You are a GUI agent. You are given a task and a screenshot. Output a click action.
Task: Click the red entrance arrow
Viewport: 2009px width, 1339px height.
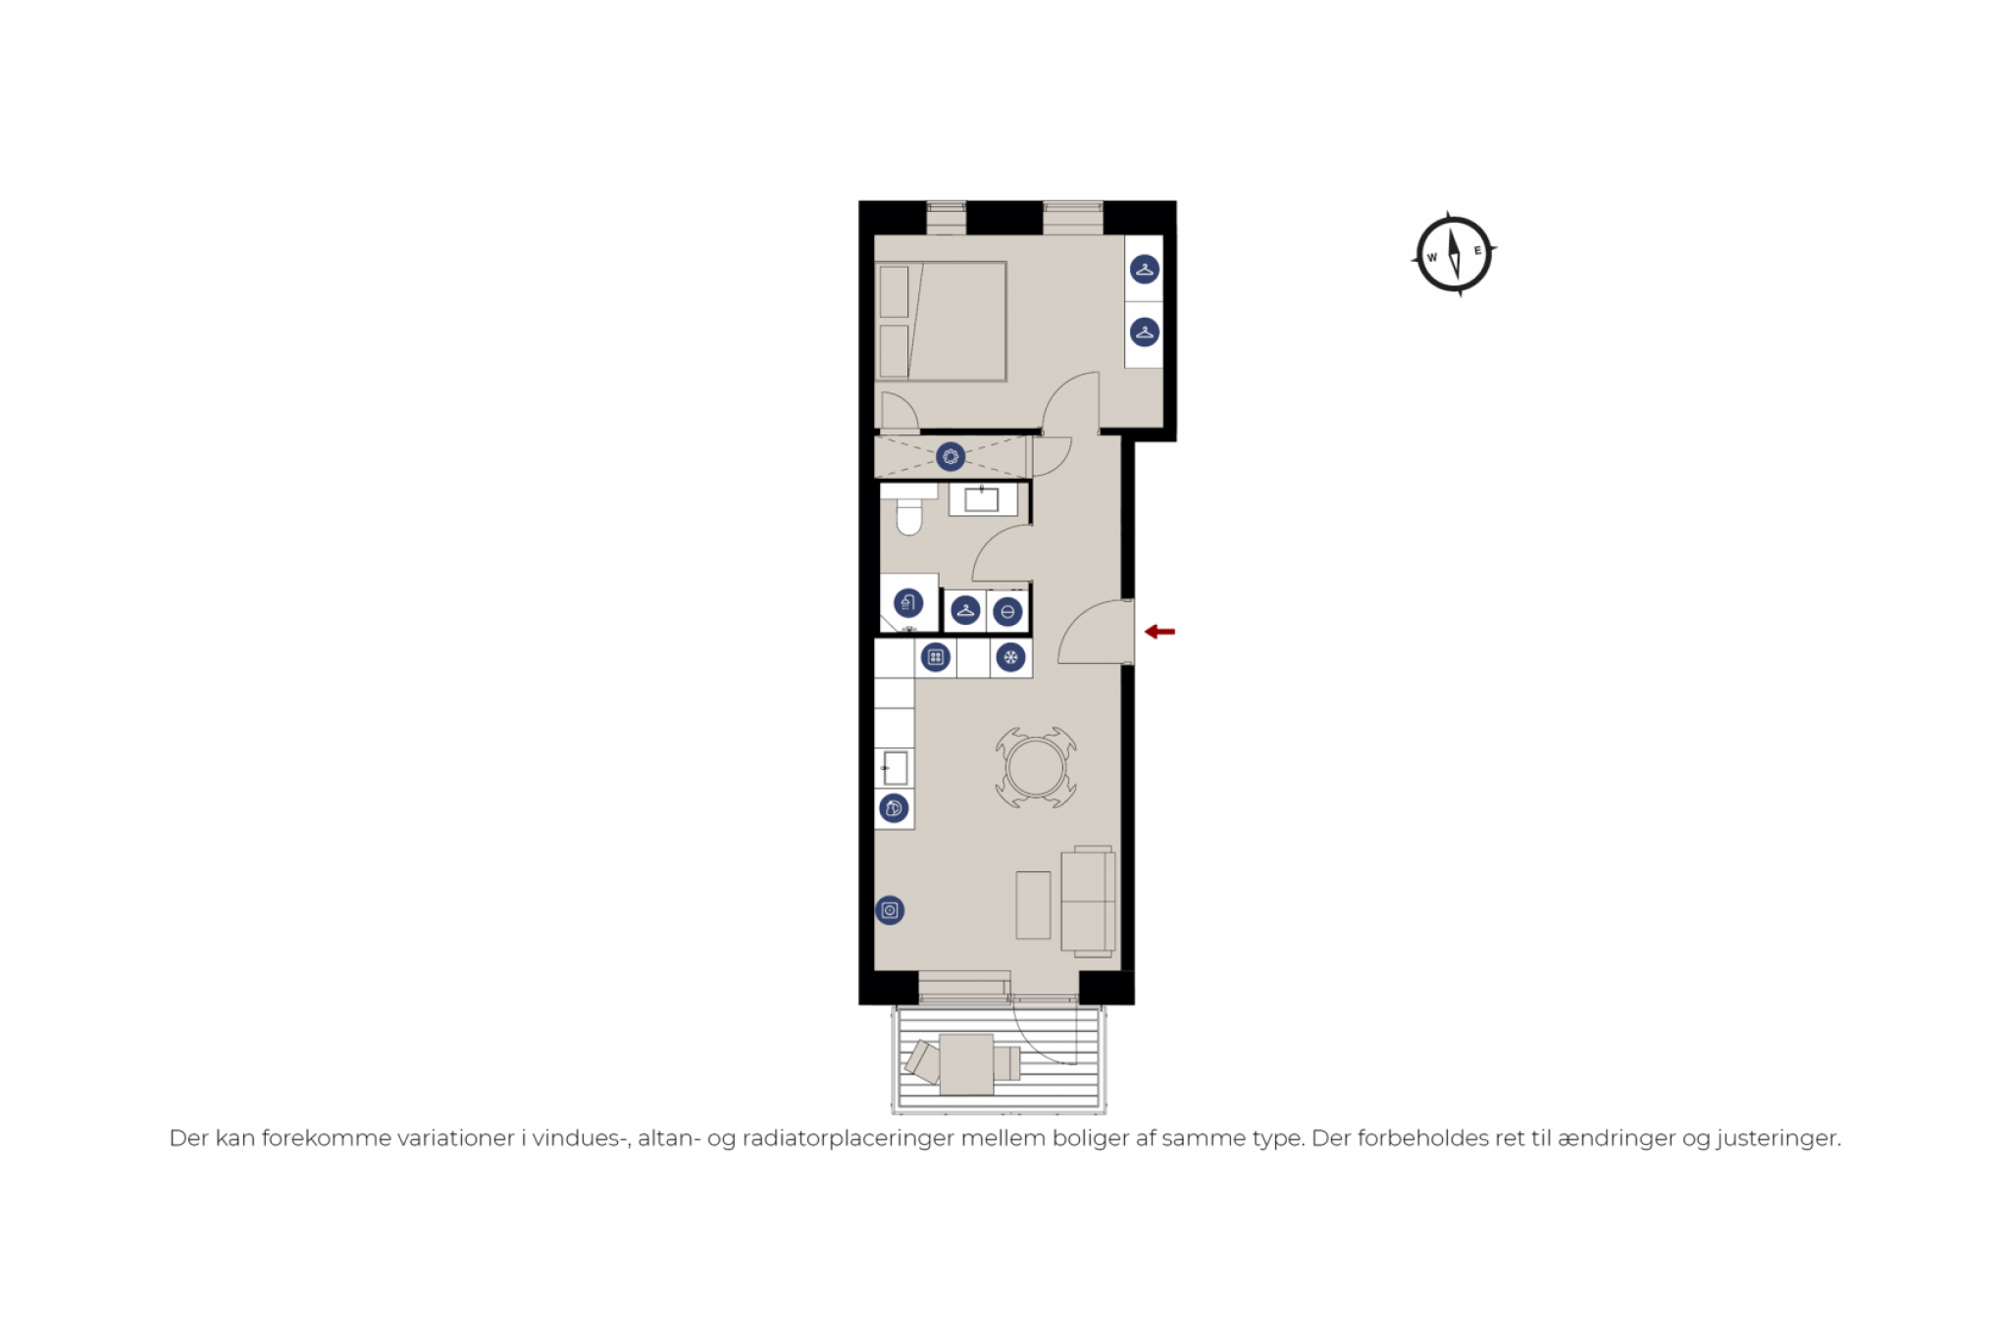(1159, 632)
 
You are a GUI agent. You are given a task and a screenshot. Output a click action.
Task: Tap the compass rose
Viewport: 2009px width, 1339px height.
(1454, 254)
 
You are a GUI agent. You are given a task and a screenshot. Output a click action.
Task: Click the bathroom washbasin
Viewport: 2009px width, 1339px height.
(982, 500)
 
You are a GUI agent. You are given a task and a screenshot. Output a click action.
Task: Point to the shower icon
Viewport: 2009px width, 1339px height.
(908, 602)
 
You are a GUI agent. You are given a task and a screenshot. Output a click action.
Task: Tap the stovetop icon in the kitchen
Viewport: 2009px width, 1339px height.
(936, 657)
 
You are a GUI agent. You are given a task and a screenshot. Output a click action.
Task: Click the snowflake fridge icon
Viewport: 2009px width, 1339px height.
(1010, 657)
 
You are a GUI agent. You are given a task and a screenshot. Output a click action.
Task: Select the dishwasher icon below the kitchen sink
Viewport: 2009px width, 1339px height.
(894, 808)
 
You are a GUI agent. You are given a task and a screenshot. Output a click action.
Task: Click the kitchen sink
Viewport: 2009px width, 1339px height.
(895, 768)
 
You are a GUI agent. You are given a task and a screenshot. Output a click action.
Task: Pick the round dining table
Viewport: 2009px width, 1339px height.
(1036, 768)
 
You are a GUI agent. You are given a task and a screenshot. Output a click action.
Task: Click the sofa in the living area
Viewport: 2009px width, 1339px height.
(1088, 901)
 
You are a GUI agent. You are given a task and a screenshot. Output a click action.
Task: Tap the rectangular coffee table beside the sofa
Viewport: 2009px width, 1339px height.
(1033, 904)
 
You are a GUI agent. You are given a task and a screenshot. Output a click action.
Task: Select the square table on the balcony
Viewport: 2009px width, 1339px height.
(966, 1064)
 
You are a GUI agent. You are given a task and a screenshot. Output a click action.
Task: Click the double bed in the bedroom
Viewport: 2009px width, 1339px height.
(941, 321)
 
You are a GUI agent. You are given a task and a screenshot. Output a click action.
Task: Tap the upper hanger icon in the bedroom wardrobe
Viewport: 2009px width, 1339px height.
(1145, 269)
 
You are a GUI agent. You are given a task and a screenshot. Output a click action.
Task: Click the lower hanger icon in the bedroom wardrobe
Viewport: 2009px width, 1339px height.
(1145, 332)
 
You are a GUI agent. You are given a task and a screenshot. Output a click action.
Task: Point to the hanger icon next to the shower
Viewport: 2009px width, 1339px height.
(966, 611)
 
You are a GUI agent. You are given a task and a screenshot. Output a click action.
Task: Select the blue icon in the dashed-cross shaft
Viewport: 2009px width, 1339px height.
(950, 456)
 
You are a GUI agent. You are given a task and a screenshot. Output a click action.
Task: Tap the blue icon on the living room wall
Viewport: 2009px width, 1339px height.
(890, 910)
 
